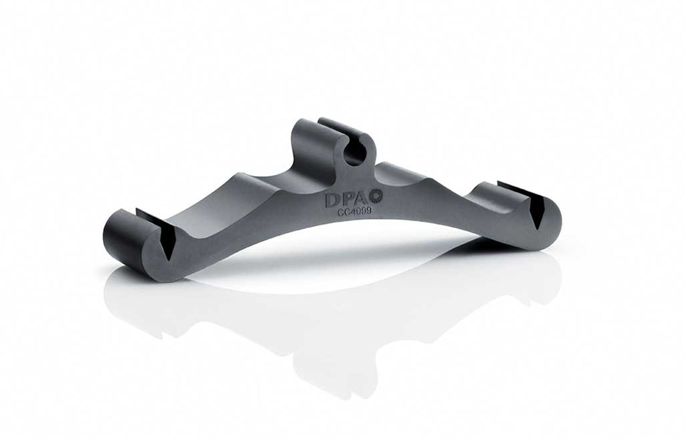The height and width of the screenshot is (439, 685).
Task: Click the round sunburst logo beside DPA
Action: (x=379, y=197)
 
